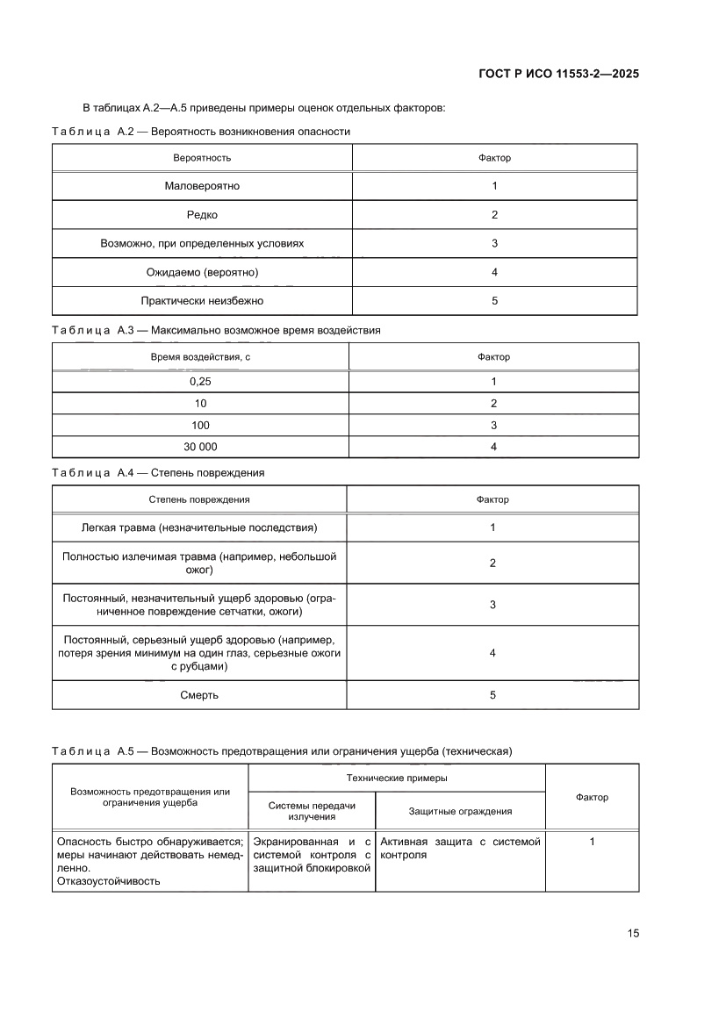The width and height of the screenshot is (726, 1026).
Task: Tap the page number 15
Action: pyautogui.click(x=632, y=933)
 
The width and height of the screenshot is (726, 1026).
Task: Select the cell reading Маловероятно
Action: pyautogui.click(x=202, y=186)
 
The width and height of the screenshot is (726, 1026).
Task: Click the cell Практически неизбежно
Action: pyautogui.click(x=202, y=301)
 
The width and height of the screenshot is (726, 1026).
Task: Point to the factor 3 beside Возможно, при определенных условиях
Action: pyautogui.click(x=494, y=244)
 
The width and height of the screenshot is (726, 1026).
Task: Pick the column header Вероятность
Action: pyautogui.click(x=202, y=158)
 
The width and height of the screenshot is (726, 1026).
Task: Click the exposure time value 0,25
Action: pyautogui.click(x=201, y=382)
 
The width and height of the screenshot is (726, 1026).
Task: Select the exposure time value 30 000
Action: pyautogui.click(x=201, y=447)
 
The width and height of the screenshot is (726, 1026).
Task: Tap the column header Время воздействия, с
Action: pyautogui.click(x=201, y=357)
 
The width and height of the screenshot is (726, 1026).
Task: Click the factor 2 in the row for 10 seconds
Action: pyautogui.click(x=493, y=404)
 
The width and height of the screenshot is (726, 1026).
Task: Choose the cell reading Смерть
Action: pyautogui.click(x=200, y=695)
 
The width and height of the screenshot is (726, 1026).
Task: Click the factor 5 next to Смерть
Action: pyautogui.click(x=492, y=695)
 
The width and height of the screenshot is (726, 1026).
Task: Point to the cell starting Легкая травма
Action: pyautogui.click(x=199, y=527)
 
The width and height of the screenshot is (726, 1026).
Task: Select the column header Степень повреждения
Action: pyautogui.click(x=199, y=499)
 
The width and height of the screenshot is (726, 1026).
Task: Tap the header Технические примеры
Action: pyautogui.click(x=397, y=778)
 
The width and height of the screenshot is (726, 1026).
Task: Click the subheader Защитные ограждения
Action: pyautogui.click(x=460, y=812)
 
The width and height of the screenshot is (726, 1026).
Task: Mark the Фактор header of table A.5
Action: pyautogui.click(x=592, y=797)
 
